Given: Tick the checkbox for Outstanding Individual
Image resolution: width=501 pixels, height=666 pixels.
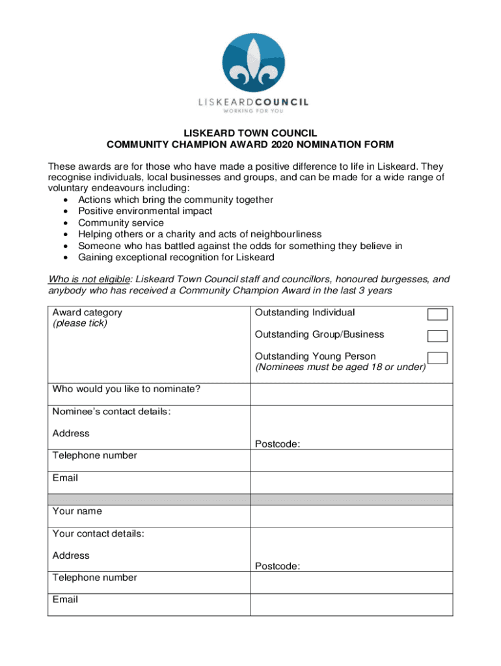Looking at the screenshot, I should (437, 315).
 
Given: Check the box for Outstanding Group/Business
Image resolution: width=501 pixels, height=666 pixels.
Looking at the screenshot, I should (437, 336).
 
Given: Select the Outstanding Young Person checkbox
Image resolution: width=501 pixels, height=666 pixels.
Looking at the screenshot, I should (437, 358).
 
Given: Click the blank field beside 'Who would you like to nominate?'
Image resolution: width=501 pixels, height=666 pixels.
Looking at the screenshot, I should (351, 394).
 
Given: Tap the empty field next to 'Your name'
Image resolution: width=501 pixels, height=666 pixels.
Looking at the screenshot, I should (351, 516).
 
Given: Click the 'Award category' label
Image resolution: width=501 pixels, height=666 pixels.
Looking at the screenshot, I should (87, 312).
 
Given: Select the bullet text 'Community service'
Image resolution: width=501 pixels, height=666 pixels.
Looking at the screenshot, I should (121, 223).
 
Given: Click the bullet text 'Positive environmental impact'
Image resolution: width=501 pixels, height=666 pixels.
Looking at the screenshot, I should (145, 211).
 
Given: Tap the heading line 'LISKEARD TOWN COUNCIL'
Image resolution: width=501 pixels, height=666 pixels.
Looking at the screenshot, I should (251, 133).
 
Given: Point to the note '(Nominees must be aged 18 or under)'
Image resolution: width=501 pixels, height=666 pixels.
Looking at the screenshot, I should (340, 367).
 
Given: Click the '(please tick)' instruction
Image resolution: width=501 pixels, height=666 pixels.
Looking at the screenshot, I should (80, 323).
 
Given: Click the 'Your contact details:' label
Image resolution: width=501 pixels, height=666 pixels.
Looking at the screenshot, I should (98, 534).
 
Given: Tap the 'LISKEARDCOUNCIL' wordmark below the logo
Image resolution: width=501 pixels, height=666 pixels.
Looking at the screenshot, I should (253, 101).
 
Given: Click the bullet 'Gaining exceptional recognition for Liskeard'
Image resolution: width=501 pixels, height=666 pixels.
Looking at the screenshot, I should (176, 258).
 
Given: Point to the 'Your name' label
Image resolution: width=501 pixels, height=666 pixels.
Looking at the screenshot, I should (77, 511).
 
